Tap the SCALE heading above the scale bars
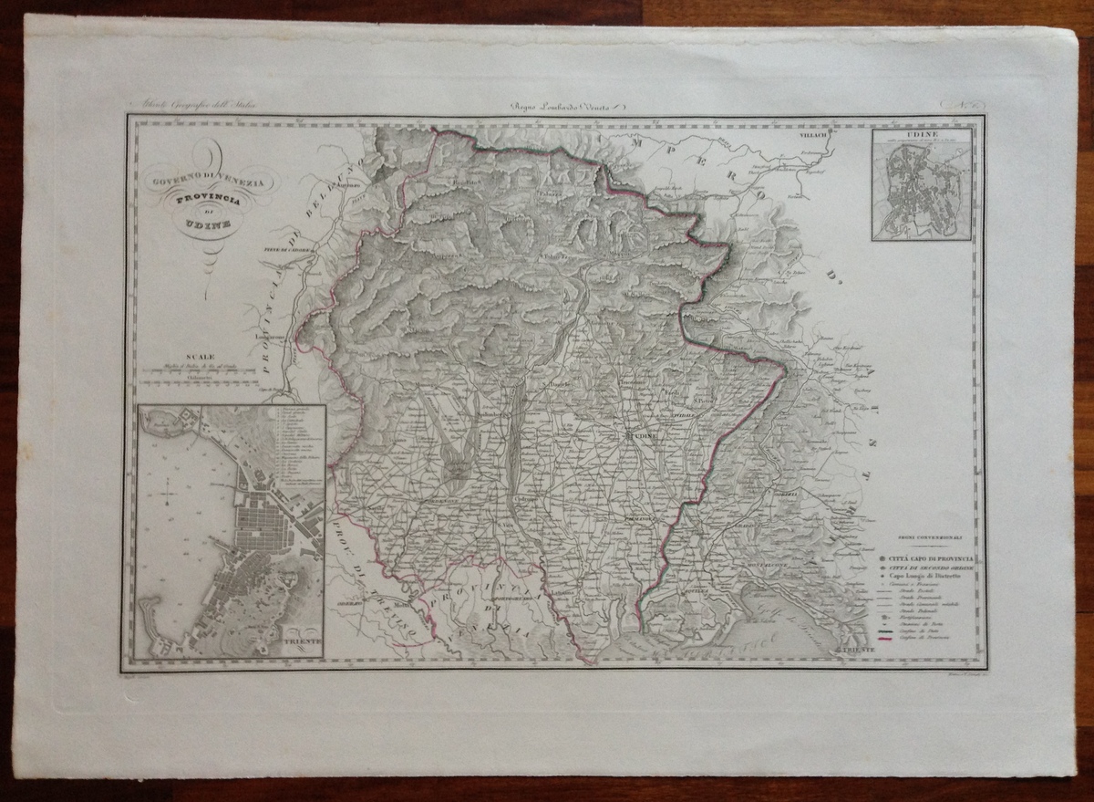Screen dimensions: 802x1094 coord(200,357)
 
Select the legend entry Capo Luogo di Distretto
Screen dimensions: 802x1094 coord(926,578)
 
